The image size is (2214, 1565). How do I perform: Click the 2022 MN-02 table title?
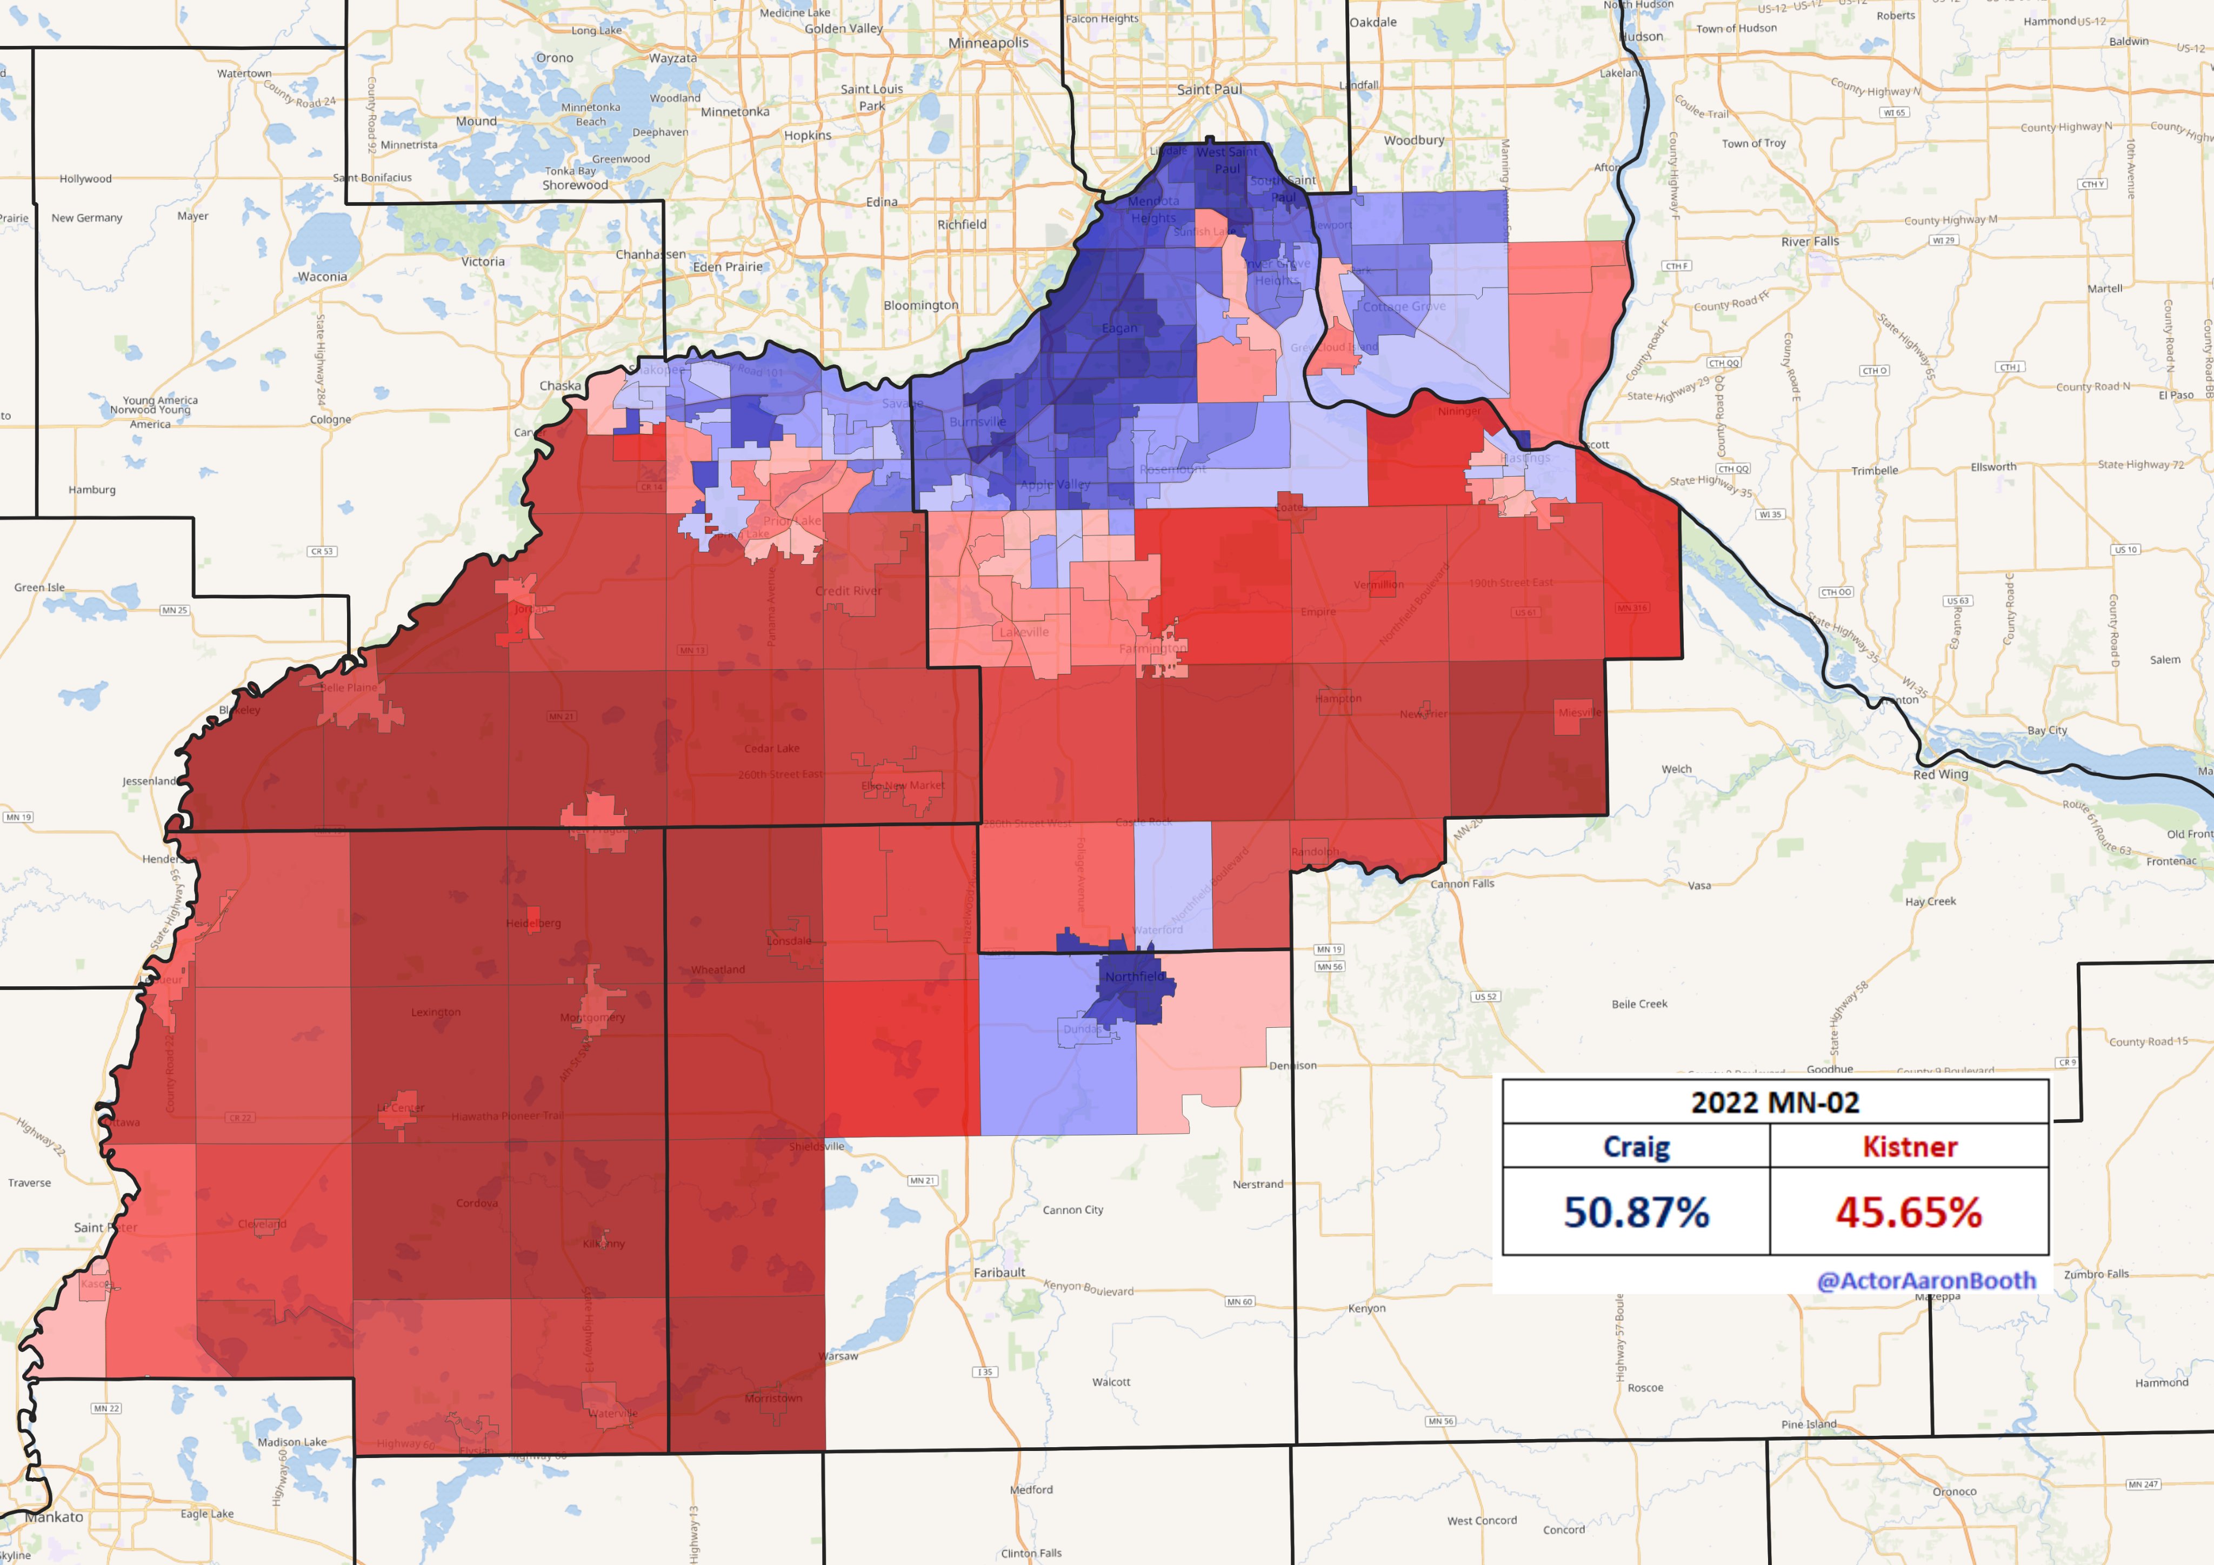tap(1775, 1102)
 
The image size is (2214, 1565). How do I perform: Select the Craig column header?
tap(1636, 1147)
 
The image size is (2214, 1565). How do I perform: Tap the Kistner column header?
tap(1909, 1147)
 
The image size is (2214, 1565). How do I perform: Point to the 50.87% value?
tap(1636, 1212)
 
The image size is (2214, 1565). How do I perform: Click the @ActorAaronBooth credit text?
tap(1926, 1281)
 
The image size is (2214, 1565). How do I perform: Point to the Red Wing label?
tap(1940, 774)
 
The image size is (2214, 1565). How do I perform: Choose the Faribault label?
tap(999, 1273)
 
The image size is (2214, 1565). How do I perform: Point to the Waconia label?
tap(322, 277)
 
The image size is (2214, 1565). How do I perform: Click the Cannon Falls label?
tap(1462, 883)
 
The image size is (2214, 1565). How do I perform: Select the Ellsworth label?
tap(1993, 467)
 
